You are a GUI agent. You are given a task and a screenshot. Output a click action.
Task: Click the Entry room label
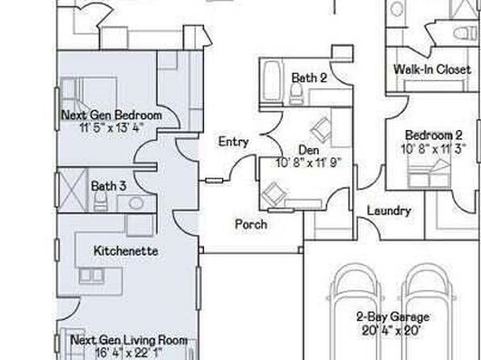[x=233, y=142]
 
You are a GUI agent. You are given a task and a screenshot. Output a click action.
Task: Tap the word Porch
[x=251, y=224]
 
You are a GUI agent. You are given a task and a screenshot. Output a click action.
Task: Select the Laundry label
[x=389, y=211]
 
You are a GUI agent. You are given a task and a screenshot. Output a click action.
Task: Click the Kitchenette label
[x=126, y=251]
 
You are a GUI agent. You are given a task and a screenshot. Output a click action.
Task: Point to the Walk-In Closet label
[x=433, y=69]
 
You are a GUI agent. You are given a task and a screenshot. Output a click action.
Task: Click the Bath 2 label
[x=309, y=77]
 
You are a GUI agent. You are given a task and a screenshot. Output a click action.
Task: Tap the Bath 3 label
[x=109, y=186]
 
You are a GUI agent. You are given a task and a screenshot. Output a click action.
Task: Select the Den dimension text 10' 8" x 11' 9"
[x=308, y=163]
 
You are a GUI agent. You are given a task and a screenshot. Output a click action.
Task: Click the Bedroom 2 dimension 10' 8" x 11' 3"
[x=433, y=149]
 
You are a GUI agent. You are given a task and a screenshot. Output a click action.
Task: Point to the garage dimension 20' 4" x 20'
[x=391, y=330]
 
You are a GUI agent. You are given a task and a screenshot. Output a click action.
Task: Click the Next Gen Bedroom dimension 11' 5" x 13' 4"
[x=111, y=127]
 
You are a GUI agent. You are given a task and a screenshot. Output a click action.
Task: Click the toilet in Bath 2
[x=296, y=93]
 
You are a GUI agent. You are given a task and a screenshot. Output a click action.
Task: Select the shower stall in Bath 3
[x=73, y=190]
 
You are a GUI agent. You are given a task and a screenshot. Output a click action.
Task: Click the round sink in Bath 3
[x=136, y=203]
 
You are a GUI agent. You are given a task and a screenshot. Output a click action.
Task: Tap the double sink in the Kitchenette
[x=91, y=275]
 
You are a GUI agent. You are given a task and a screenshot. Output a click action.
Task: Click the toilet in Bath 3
[x=100, y=201]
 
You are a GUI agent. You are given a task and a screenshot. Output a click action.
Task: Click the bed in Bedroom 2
[x=429, y=174]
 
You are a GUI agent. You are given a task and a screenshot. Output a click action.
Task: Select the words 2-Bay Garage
[x=393, y=316]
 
